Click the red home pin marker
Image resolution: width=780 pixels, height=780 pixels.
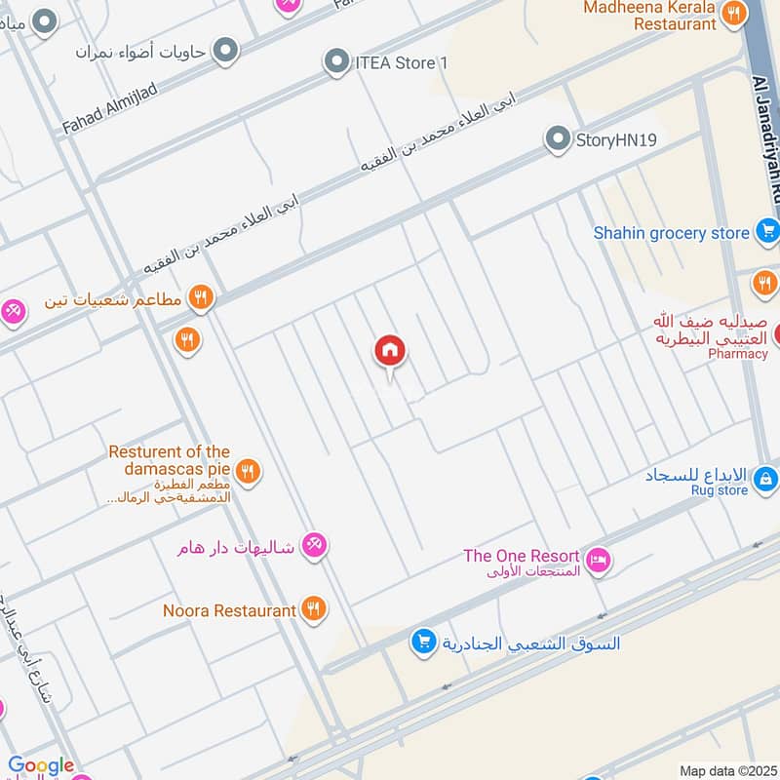pyautogui.click(x=390, y=352)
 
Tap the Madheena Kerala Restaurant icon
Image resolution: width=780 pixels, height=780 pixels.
pyautogui.click(x=733, y=13)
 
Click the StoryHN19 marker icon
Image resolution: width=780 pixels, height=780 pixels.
pyautogui.click(x=557, y=139)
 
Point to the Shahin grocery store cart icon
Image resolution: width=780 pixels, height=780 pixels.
pyautogui.click(x=766, y=232)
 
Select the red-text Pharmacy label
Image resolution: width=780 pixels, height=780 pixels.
pyautogui.click(x=738, y=354)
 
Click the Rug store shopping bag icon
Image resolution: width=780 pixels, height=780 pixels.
pyautogui.click(x=766, y=478)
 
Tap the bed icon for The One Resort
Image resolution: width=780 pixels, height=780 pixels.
pyautogui.click(x=600, y=560)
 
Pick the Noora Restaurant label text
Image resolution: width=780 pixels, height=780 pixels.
pyautogui.click(x=229, y=610)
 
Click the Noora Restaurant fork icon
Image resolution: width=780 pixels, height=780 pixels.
pyautogui.click(x=313, y=609)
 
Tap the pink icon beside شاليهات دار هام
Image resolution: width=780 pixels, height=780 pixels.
pyautogui.click(x=314, y=545)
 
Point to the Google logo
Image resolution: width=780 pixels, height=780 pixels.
pyautogui.click(x=41, y=766)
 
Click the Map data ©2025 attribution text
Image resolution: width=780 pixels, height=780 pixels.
pyautogui.click(x=726, y=770)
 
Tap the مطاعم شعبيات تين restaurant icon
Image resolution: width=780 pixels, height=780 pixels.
pyautogui.click(x=201, y=297)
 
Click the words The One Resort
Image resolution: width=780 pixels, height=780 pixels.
pyautogui.click(x=521, y=556)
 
